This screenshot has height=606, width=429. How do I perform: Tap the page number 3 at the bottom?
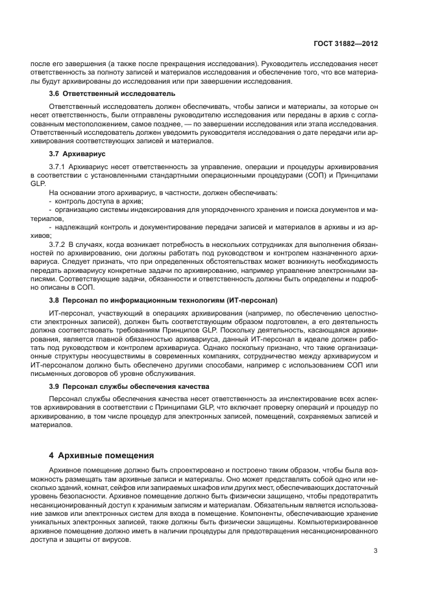(x=376, y=552)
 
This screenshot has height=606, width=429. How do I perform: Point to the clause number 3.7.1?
(x=58, y=167)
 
